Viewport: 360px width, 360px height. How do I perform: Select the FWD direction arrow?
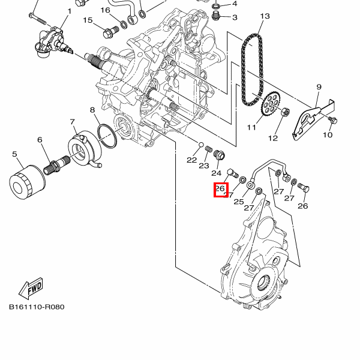point(31,288)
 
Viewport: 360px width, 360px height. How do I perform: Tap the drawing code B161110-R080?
point(37,307)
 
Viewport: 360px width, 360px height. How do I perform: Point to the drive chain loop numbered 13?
point(252,70)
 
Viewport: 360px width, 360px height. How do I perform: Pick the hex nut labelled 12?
point(285,112)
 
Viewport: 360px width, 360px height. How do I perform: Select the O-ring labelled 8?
point(107,136)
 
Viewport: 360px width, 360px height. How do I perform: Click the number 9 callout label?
point(319,87)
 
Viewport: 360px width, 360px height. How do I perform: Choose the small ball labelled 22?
point(201,145)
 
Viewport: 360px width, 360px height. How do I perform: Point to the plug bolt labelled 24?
point(220,155)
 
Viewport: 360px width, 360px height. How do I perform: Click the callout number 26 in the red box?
point(220,189)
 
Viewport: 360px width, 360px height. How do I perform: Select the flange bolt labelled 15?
point(111,32)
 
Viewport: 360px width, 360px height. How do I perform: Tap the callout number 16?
point(106,10)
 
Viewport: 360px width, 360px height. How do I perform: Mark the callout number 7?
point(73,122)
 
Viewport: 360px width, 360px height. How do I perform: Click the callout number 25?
point(239,202)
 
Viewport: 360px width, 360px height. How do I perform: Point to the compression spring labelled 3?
point(216,16)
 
